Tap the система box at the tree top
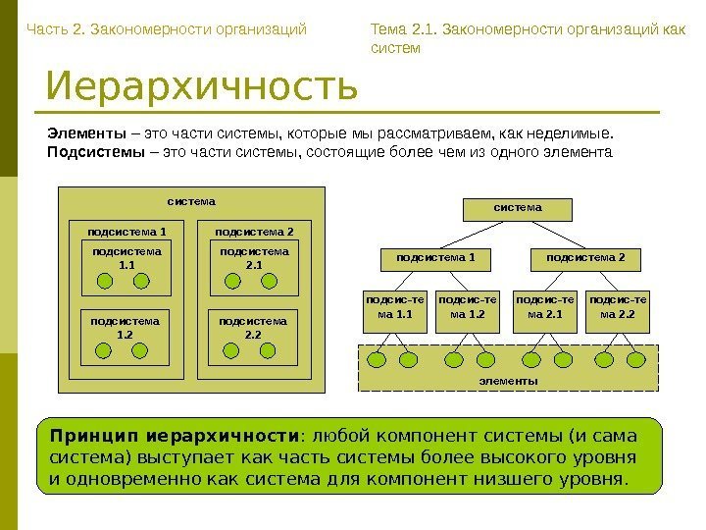(x=517, y=208)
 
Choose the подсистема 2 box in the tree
(x=585, y=258)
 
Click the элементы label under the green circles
(x=507, y=380)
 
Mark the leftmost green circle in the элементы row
(x=377, y=359)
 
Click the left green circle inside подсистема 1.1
(x=103, y=282)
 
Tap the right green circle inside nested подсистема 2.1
(x=272, y=282)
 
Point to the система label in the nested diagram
(x=191, y=201)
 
